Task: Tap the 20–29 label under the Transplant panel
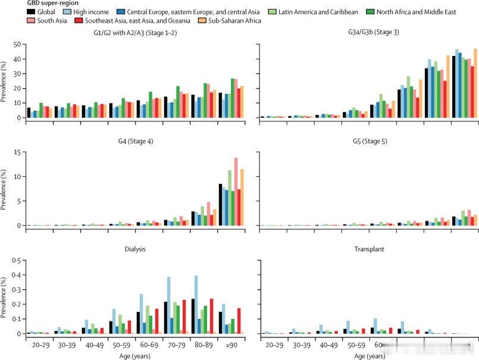pos(274,345)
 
